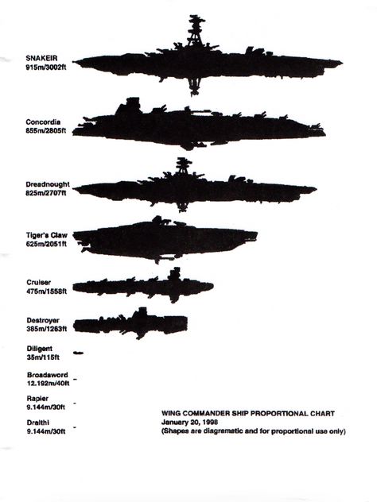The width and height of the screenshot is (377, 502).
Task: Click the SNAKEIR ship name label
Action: (41, 58)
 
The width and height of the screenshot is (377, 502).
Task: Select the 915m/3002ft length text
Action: (46, 68)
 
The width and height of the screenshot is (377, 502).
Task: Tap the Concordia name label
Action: (43, 122)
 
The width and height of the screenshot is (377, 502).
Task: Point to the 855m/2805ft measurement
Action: (46, 130)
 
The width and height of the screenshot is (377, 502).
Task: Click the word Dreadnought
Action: (48, 184)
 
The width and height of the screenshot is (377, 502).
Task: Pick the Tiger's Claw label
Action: (47, 235)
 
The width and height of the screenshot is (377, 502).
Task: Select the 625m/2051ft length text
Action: (46, 244)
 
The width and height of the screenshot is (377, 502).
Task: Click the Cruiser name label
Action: (39, 283)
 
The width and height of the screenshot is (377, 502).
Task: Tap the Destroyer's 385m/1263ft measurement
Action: (47, 329)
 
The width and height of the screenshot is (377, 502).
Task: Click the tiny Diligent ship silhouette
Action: (78, 353)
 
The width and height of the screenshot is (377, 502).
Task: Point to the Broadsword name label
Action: (48, 375)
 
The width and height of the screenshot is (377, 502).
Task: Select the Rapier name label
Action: (37, 399)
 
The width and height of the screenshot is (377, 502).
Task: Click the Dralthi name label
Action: (38, 423)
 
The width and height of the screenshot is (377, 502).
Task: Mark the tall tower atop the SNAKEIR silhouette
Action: (196, 32)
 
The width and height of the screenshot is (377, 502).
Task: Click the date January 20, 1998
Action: (189, 422)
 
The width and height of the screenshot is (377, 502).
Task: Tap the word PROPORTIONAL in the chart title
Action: (279, 413)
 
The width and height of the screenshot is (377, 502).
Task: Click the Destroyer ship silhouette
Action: (130, 323)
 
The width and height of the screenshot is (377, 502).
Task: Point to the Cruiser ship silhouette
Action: (143, 285)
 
